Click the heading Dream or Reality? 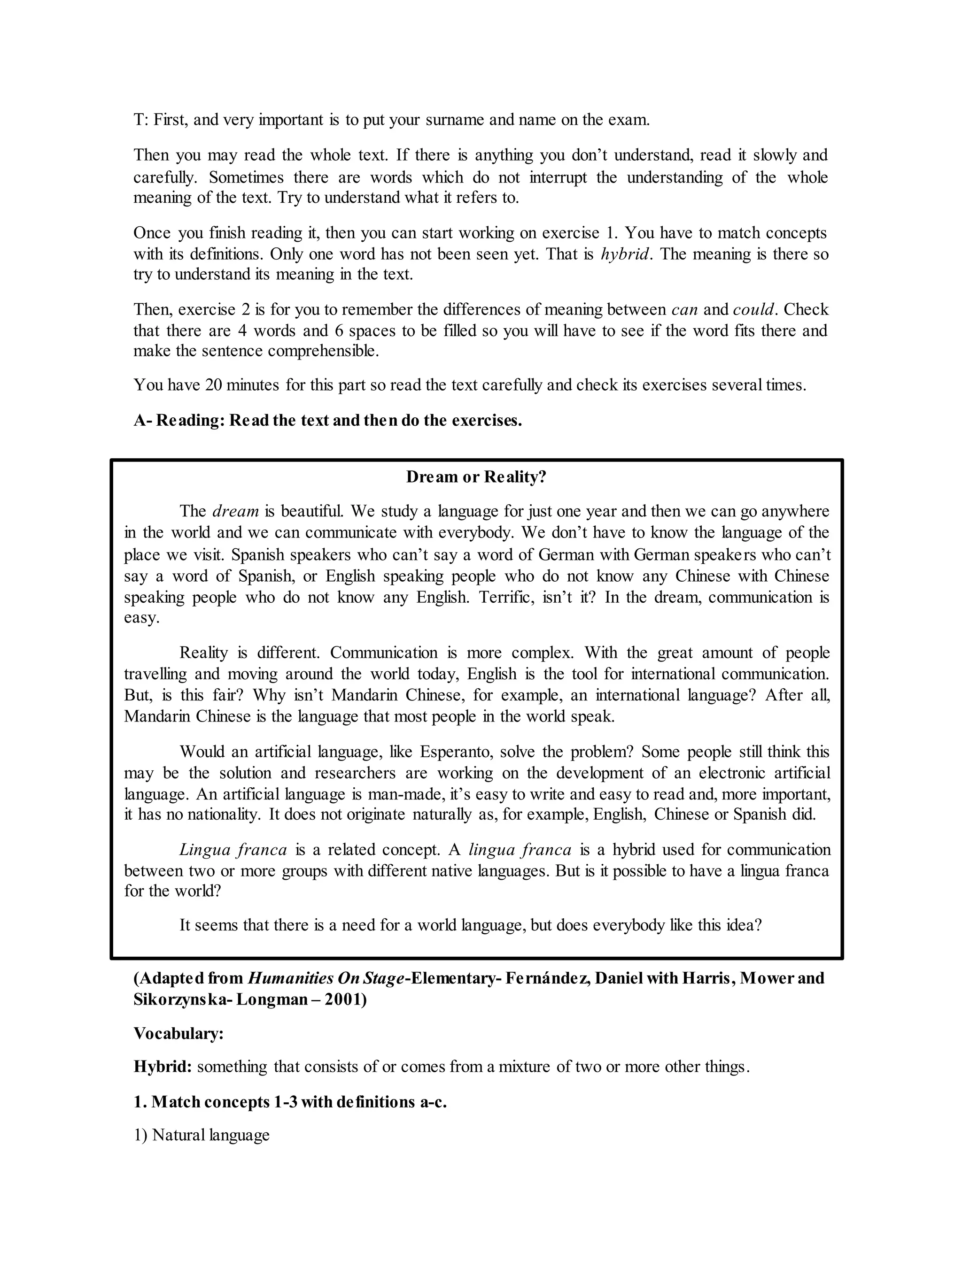[x=476, y=477]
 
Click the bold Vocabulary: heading [x=178, y=1034]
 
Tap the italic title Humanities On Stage [x=326, y=978]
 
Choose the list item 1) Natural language [x=202, y=1135]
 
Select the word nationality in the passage [x=223, y=814]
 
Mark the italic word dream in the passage [x=236, y=512]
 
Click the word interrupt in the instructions [x=558, y=177]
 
